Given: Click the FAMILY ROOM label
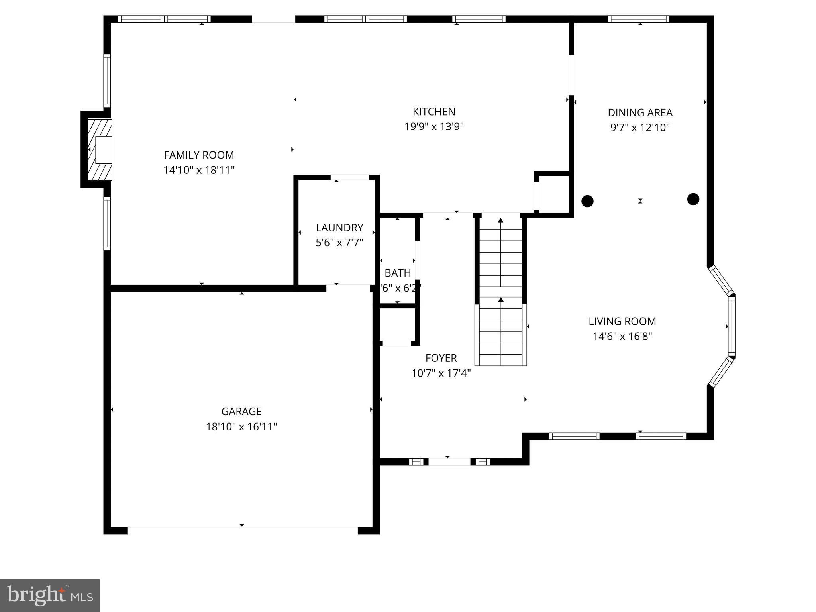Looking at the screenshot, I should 199,155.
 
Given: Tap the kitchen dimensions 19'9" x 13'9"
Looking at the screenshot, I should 434,127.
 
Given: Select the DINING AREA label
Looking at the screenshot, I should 640,113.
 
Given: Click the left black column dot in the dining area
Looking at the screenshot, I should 587,201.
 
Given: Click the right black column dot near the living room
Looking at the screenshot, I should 693,199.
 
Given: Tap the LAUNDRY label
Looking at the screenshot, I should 339,228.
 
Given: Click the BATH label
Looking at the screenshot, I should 398,273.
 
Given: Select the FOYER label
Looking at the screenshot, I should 441,358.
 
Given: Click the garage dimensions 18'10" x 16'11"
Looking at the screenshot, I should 241,427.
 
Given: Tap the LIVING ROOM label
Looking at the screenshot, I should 622,321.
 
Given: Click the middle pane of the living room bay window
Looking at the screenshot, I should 732,326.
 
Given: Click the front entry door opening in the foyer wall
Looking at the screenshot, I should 449,462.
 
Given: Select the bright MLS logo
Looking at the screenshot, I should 50,595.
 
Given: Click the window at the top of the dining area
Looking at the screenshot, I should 639,19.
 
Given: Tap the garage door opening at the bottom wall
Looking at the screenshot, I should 242,530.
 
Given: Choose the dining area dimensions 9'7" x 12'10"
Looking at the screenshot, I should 640,128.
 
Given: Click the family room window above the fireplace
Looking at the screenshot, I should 107,80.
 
